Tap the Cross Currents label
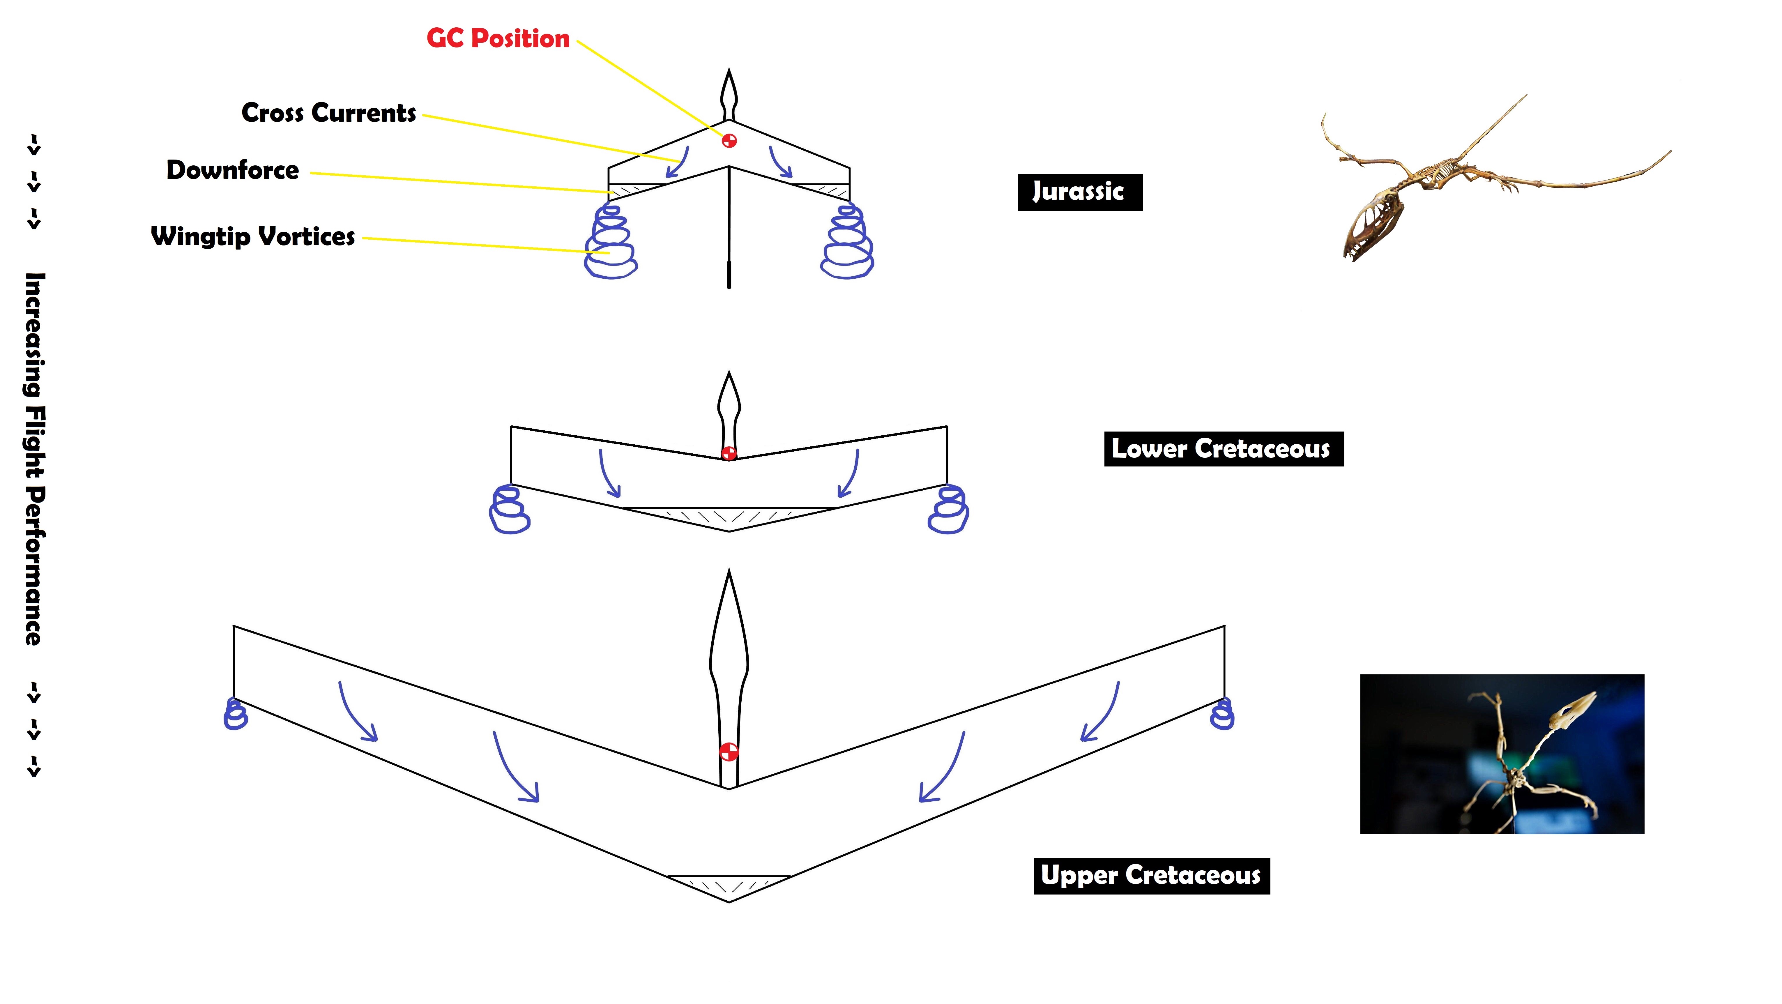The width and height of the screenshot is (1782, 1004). coord(328,113)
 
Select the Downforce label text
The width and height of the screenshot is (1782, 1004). coord(232,170)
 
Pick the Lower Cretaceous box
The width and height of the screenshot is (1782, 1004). coord(1224,449)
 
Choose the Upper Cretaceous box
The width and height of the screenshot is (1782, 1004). coord(1152,876)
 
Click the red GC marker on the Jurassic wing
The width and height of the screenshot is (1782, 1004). coord(729,140)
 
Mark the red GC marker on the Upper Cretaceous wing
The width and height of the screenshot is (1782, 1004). coord(729,752)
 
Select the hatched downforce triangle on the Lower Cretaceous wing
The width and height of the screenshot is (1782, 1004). coord(729,517)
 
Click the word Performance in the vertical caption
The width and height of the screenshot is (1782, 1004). coord(35,566)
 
